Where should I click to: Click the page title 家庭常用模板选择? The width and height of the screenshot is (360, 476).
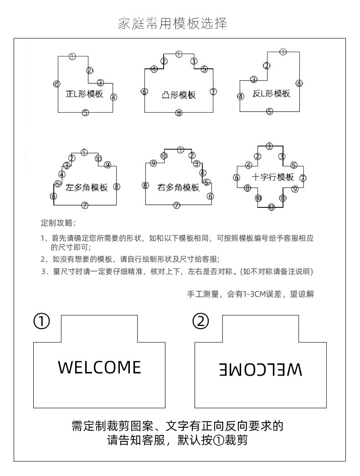172,23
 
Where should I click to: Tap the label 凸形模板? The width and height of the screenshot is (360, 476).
179,95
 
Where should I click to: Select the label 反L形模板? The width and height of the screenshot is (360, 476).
271,94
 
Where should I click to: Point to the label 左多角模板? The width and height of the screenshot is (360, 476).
87,188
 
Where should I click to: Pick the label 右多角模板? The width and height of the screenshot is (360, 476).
178,187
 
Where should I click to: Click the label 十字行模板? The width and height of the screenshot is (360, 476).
273,177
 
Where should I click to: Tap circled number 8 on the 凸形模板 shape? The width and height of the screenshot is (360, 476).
179,113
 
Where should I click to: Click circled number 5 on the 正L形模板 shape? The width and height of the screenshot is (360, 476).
85,113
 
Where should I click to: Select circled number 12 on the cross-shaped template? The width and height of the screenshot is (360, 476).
271,207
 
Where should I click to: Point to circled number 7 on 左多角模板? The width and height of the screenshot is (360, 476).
84,205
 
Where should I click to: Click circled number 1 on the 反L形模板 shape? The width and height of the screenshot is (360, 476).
283,52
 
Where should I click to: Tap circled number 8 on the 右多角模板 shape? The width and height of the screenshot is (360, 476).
145,185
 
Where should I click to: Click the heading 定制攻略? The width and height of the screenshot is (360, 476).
59,223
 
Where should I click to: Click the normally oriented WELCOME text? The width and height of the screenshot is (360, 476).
100,367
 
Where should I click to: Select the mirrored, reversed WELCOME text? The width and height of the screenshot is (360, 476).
261,369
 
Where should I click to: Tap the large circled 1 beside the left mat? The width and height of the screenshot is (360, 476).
41,322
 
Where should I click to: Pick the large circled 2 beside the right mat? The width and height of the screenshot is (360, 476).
201,322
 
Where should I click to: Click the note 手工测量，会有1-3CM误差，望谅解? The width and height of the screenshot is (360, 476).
251,294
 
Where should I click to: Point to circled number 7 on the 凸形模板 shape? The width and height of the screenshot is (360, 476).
213,92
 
